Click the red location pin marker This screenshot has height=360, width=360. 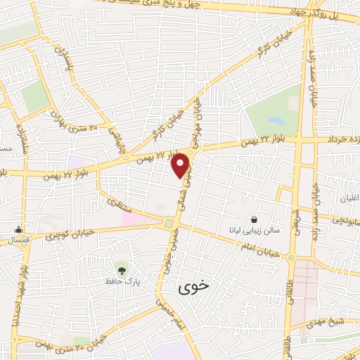pyautogui.click(x=181, y=165)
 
